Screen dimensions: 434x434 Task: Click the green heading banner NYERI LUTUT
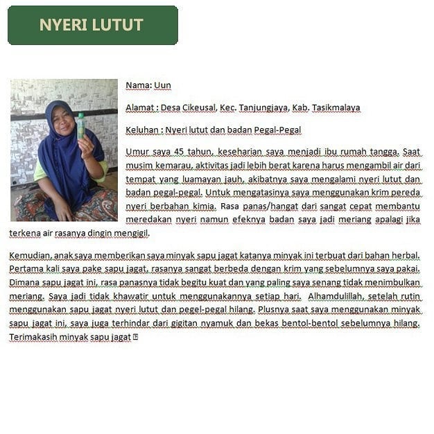click(92, 25)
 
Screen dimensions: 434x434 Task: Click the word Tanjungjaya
click(264, 107)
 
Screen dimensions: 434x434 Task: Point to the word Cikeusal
click(200, 107)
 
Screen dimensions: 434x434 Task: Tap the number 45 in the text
click(176, 151)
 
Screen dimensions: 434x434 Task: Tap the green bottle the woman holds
click(81, 125)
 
